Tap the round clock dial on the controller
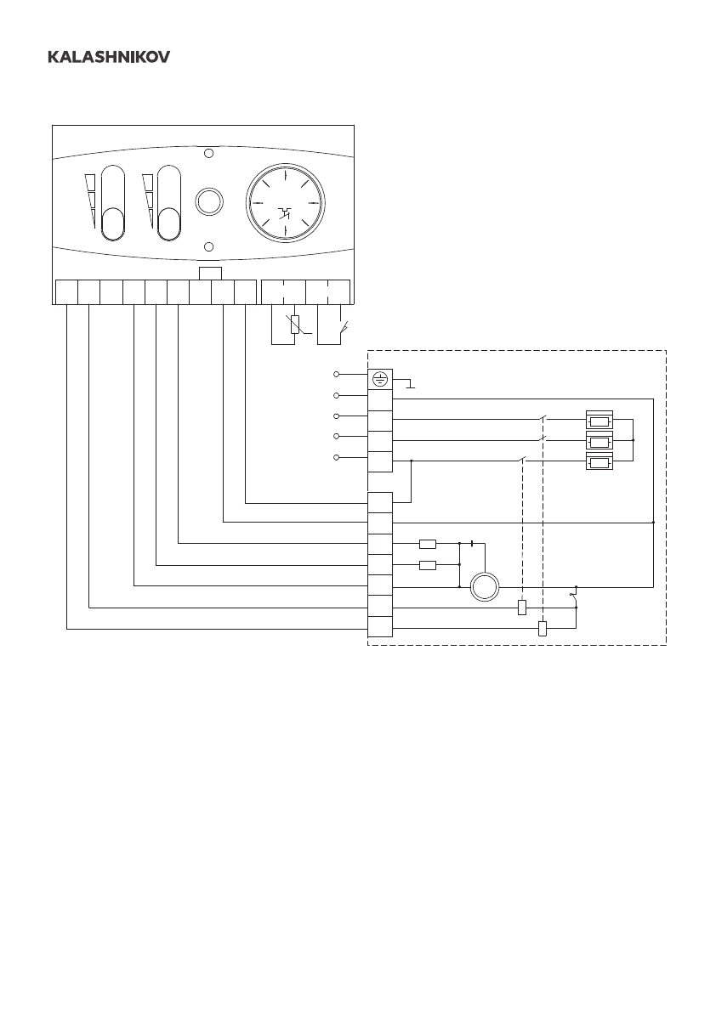[286, 204]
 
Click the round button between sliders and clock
[208, 201]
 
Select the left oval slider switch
[112, 205]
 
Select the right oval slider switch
[169, 205]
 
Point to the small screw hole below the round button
[208, 246]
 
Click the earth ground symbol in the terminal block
[379, 381]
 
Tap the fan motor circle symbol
[485, 586]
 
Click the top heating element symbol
[600, 421]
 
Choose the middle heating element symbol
[600, 442]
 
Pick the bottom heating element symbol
[600, 463]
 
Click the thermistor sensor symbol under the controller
[295, 324]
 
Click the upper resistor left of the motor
[428, 544]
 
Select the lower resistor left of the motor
[428, 565]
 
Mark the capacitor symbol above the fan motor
[470, 544]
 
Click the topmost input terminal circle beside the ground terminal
[337, 375]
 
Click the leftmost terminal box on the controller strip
[65, 291]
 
